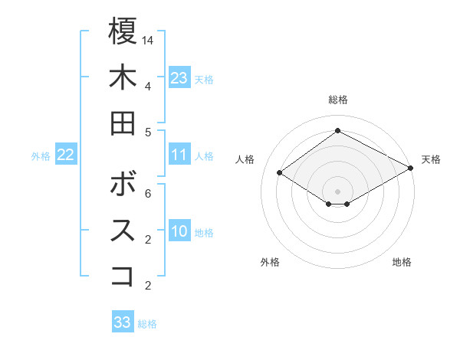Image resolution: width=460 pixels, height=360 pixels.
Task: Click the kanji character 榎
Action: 123,32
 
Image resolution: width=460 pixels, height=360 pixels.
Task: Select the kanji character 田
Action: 123,123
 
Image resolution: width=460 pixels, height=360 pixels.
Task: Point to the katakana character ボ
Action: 123,185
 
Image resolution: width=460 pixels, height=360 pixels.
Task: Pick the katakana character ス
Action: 123,231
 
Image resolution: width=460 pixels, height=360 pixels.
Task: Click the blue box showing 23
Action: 179,78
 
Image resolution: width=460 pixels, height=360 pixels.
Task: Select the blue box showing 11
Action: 179,155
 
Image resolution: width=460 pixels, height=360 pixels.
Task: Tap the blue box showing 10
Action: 179,232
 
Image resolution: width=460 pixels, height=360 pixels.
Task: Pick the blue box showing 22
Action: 65,155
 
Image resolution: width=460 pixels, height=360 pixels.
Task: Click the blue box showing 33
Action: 123,322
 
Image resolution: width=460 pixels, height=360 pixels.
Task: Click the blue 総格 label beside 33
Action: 147,324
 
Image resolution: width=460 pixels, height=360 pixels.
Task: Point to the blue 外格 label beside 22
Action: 41,156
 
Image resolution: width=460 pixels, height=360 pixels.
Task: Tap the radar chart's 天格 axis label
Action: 431,159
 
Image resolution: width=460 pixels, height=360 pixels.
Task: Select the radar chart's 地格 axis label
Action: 402,262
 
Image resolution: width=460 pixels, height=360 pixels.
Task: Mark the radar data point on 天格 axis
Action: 410,168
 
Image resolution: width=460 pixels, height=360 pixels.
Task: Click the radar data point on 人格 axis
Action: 280,173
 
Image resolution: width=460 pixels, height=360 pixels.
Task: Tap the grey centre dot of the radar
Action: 337,191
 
